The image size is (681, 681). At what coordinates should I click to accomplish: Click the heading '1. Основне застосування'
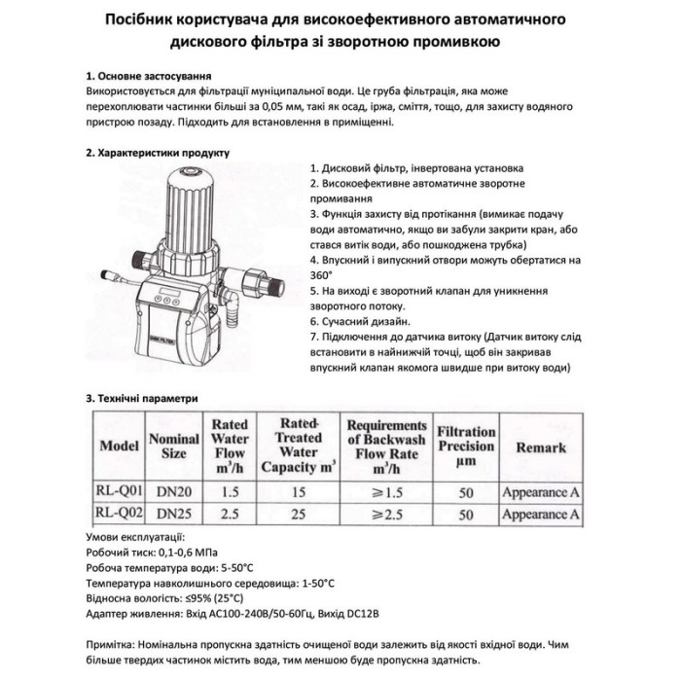(149, 74)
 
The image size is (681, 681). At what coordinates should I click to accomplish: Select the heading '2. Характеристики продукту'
(157, 153)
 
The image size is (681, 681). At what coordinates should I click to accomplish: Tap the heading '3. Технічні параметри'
(142, 398)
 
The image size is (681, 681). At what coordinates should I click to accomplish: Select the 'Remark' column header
(541, 447)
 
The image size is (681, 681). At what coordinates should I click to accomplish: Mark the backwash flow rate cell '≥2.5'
(386, 515)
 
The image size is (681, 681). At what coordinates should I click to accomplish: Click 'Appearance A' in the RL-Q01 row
(541, 492)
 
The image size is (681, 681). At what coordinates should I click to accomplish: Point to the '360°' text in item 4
(322, 275)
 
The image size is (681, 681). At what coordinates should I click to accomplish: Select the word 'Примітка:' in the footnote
(115, 645)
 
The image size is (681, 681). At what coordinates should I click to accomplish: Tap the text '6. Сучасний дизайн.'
(361, 322)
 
